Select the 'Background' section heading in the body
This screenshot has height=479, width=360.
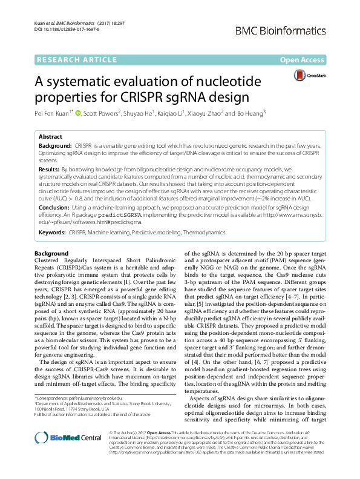51,253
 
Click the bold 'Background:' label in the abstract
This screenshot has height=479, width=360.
56,147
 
